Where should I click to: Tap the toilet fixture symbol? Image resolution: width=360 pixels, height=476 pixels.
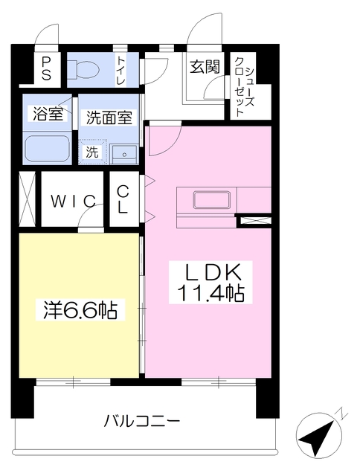[83, 69]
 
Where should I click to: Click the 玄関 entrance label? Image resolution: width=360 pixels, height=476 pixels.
[204, 68]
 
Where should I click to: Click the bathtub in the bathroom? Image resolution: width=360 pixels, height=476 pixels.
[47, 149]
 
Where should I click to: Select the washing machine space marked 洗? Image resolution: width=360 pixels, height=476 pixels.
[91, 151]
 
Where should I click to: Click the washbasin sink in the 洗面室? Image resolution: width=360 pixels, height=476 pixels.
[124, 153]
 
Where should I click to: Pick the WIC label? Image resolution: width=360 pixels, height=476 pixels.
[73, 201]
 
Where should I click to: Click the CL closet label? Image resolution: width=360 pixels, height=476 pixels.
[123, 199]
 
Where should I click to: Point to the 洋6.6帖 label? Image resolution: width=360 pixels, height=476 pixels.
[77, 309]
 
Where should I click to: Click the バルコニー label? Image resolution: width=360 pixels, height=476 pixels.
[141, 421]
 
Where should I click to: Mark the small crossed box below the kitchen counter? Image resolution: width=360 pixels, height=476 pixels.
[254, 220]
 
